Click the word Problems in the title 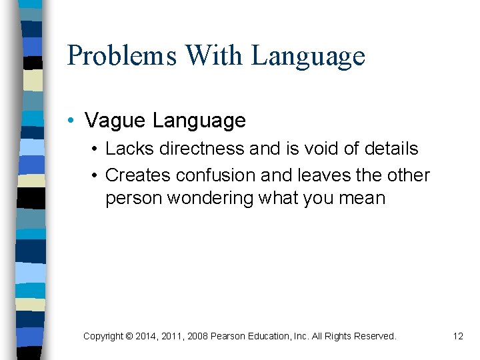pos(121,56)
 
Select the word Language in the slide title pos(308,56)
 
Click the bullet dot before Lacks pos(95,148)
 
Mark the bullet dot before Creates pos(95,175)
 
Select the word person pos(131,198)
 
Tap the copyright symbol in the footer pos(128,336)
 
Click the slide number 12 pos(457,336)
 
